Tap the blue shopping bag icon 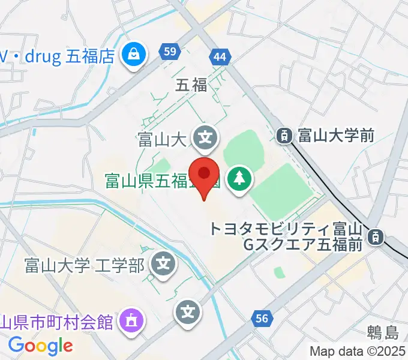tap(132, 56)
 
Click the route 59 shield tap(170, 52)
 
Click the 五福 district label tap(191, 85)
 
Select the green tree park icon tap(240, 179)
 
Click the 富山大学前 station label tap(336, 136)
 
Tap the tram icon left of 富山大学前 tap(284, 136)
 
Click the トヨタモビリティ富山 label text tap(284, 229)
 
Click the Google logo tap(40, 345)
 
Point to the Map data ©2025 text tap(358, 351)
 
